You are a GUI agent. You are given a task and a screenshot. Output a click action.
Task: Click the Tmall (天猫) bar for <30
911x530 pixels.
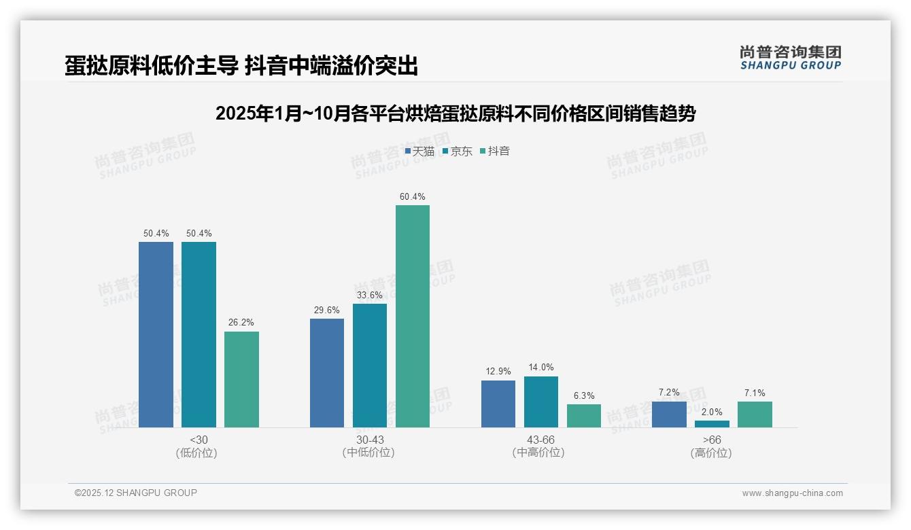point(156,334)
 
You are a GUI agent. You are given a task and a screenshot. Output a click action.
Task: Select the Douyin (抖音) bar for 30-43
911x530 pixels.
point(413,316)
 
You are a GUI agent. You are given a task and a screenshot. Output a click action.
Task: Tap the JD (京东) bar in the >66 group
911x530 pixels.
point(712,424)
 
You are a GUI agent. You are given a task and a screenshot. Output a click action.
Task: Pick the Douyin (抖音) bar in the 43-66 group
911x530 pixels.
point(584,416)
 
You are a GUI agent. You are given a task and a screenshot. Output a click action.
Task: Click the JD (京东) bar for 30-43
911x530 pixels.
point(370,366)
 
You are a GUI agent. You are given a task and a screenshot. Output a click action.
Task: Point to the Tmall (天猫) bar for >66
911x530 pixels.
point(669,414)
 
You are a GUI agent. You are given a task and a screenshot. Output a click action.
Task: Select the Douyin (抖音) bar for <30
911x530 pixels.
point(241,379)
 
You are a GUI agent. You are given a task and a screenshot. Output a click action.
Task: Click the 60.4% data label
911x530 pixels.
point(413,197)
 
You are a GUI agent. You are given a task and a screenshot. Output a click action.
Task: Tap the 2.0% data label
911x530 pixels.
point(712,412)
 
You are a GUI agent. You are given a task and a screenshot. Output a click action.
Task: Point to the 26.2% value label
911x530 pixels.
point(241,323)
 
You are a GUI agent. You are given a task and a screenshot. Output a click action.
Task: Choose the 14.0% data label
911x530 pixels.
point(541,368)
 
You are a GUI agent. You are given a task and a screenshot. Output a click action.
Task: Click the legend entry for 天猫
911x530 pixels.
point(419,152)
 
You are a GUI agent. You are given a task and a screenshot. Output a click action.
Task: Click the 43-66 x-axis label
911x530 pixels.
point(541,440)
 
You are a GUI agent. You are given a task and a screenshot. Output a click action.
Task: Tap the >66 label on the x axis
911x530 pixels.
point(712,440)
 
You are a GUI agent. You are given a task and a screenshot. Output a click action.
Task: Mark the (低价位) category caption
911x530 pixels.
point(198,453)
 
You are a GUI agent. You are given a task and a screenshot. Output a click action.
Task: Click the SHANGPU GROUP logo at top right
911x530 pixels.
point(790,58)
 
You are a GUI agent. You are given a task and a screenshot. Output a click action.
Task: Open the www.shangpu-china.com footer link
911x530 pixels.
point(792,493)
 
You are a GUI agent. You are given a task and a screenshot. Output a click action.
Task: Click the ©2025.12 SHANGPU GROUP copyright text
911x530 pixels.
point(136,493)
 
